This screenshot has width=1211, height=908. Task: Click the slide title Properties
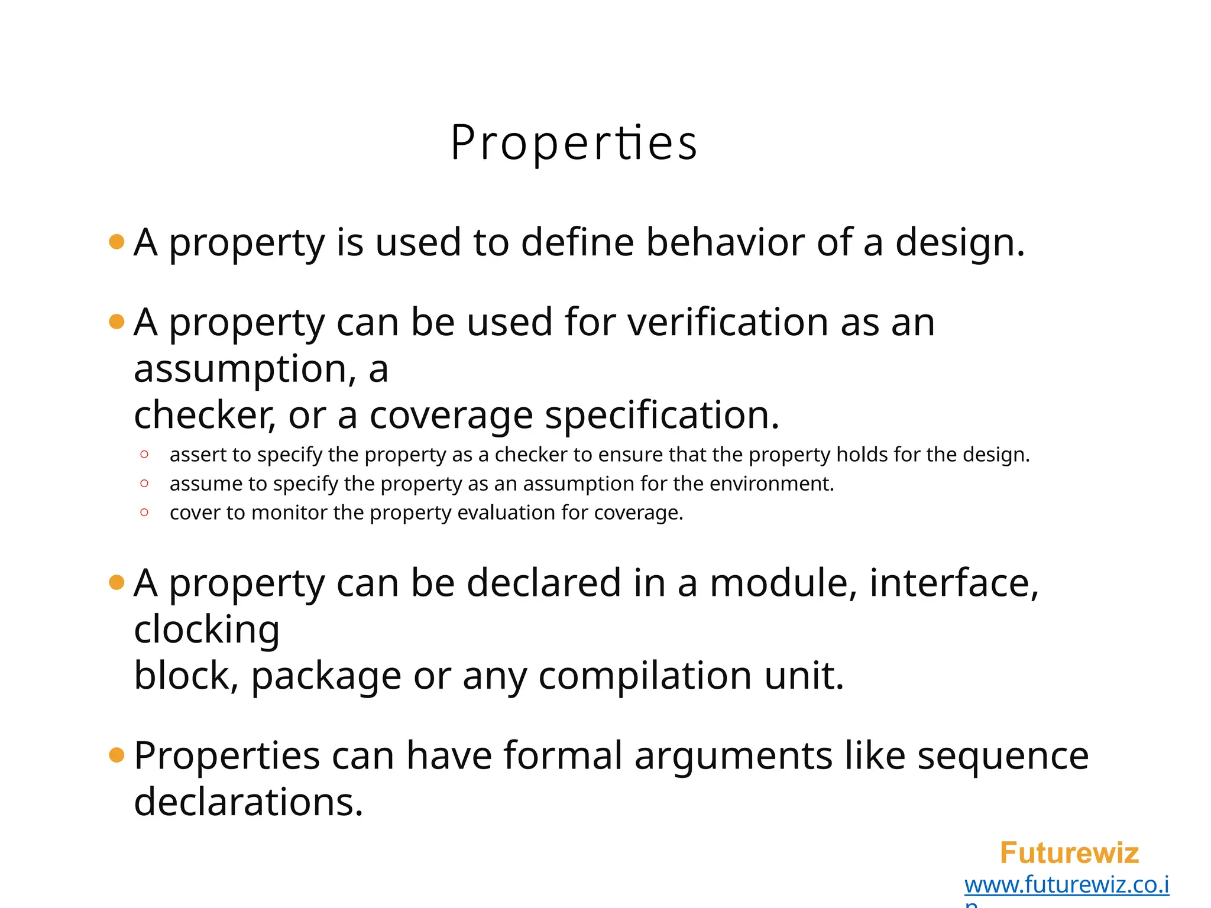574,143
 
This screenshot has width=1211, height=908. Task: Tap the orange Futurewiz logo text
1068,853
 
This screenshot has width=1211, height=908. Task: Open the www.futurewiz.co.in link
1066,885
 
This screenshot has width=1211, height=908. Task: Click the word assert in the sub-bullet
198,455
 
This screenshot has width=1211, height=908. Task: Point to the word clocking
206,630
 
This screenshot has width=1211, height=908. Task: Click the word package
326,676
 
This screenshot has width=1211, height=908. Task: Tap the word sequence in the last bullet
1002,756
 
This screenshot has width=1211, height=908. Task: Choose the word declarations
248,802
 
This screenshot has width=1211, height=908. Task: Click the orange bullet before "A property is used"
117,242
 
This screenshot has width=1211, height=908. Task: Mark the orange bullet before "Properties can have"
117,755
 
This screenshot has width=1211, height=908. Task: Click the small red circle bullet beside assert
144,455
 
